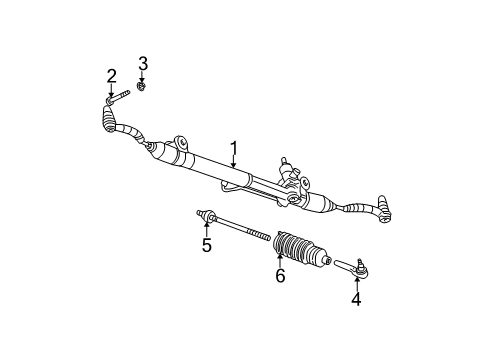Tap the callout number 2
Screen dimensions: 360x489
111,75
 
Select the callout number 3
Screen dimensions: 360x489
143,64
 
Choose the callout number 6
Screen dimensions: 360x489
280,275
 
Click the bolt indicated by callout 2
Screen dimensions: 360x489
120,96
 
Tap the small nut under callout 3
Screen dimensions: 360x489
144,87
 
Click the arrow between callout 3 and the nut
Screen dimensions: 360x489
143,77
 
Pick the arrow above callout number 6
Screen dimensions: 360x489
279,261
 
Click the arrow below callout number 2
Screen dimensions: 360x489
110,89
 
